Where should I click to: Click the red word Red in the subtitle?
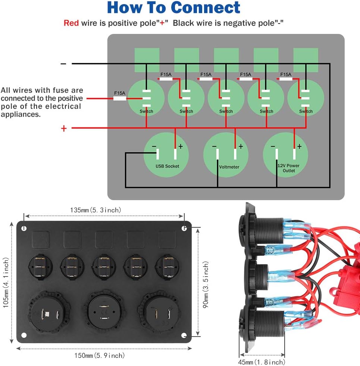pyautogui.click(x=71, y=23)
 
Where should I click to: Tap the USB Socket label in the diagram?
pyautogui.click(x=167, y=166)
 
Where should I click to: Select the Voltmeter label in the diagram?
pyautogui.click(x=229, y=167)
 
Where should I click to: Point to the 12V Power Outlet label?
pyautogui.click(x=288, y=168)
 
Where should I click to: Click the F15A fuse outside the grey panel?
pyautogui.click(x=120, y=98)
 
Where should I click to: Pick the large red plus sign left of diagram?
pyautogui.click(x=64, y=129)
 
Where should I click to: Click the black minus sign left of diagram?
pyautogui.click(x=63, y=64)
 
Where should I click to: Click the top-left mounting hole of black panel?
pyautogui.click(x=24, y=228)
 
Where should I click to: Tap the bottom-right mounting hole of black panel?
pyautogui.click(x=184, y=335)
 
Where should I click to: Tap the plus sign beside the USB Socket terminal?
pyautogui.click(x=181, y=146)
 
